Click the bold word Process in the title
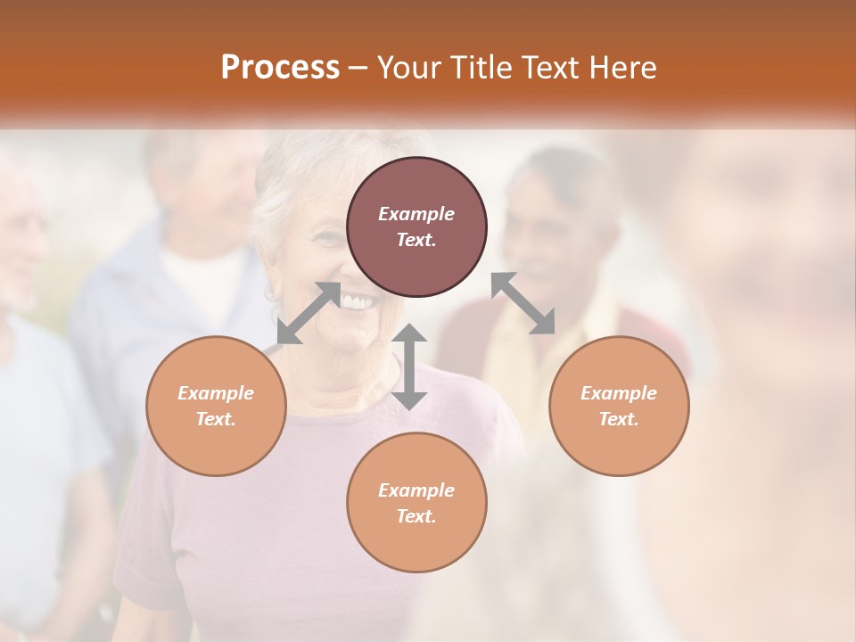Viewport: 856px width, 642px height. (x=280, y=68)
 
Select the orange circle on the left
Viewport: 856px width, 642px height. (x=216, y=406)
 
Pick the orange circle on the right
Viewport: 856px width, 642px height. (x=619, y=406)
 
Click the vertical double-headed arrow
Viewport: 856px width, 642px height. (x=409, y=367)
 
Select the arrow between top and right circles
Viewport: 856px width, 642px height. (x=523, y=303)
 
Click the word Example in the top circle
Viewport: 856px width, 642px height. (x=416, y=214)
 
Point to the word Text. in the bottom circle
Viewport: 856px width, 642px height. (x=416, y=516)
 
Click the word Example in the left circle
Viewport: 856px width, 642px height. (x=216, y=393)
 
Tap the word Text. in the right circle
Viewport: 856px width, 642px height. (x=619, y=419)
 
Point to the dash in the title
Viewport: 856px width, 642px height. (x=358, y=69)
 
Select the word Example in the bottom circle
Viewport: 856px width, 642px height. (x=416, y=490)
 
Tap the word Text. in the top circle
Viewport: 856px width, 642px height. (x=416, y=240)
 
